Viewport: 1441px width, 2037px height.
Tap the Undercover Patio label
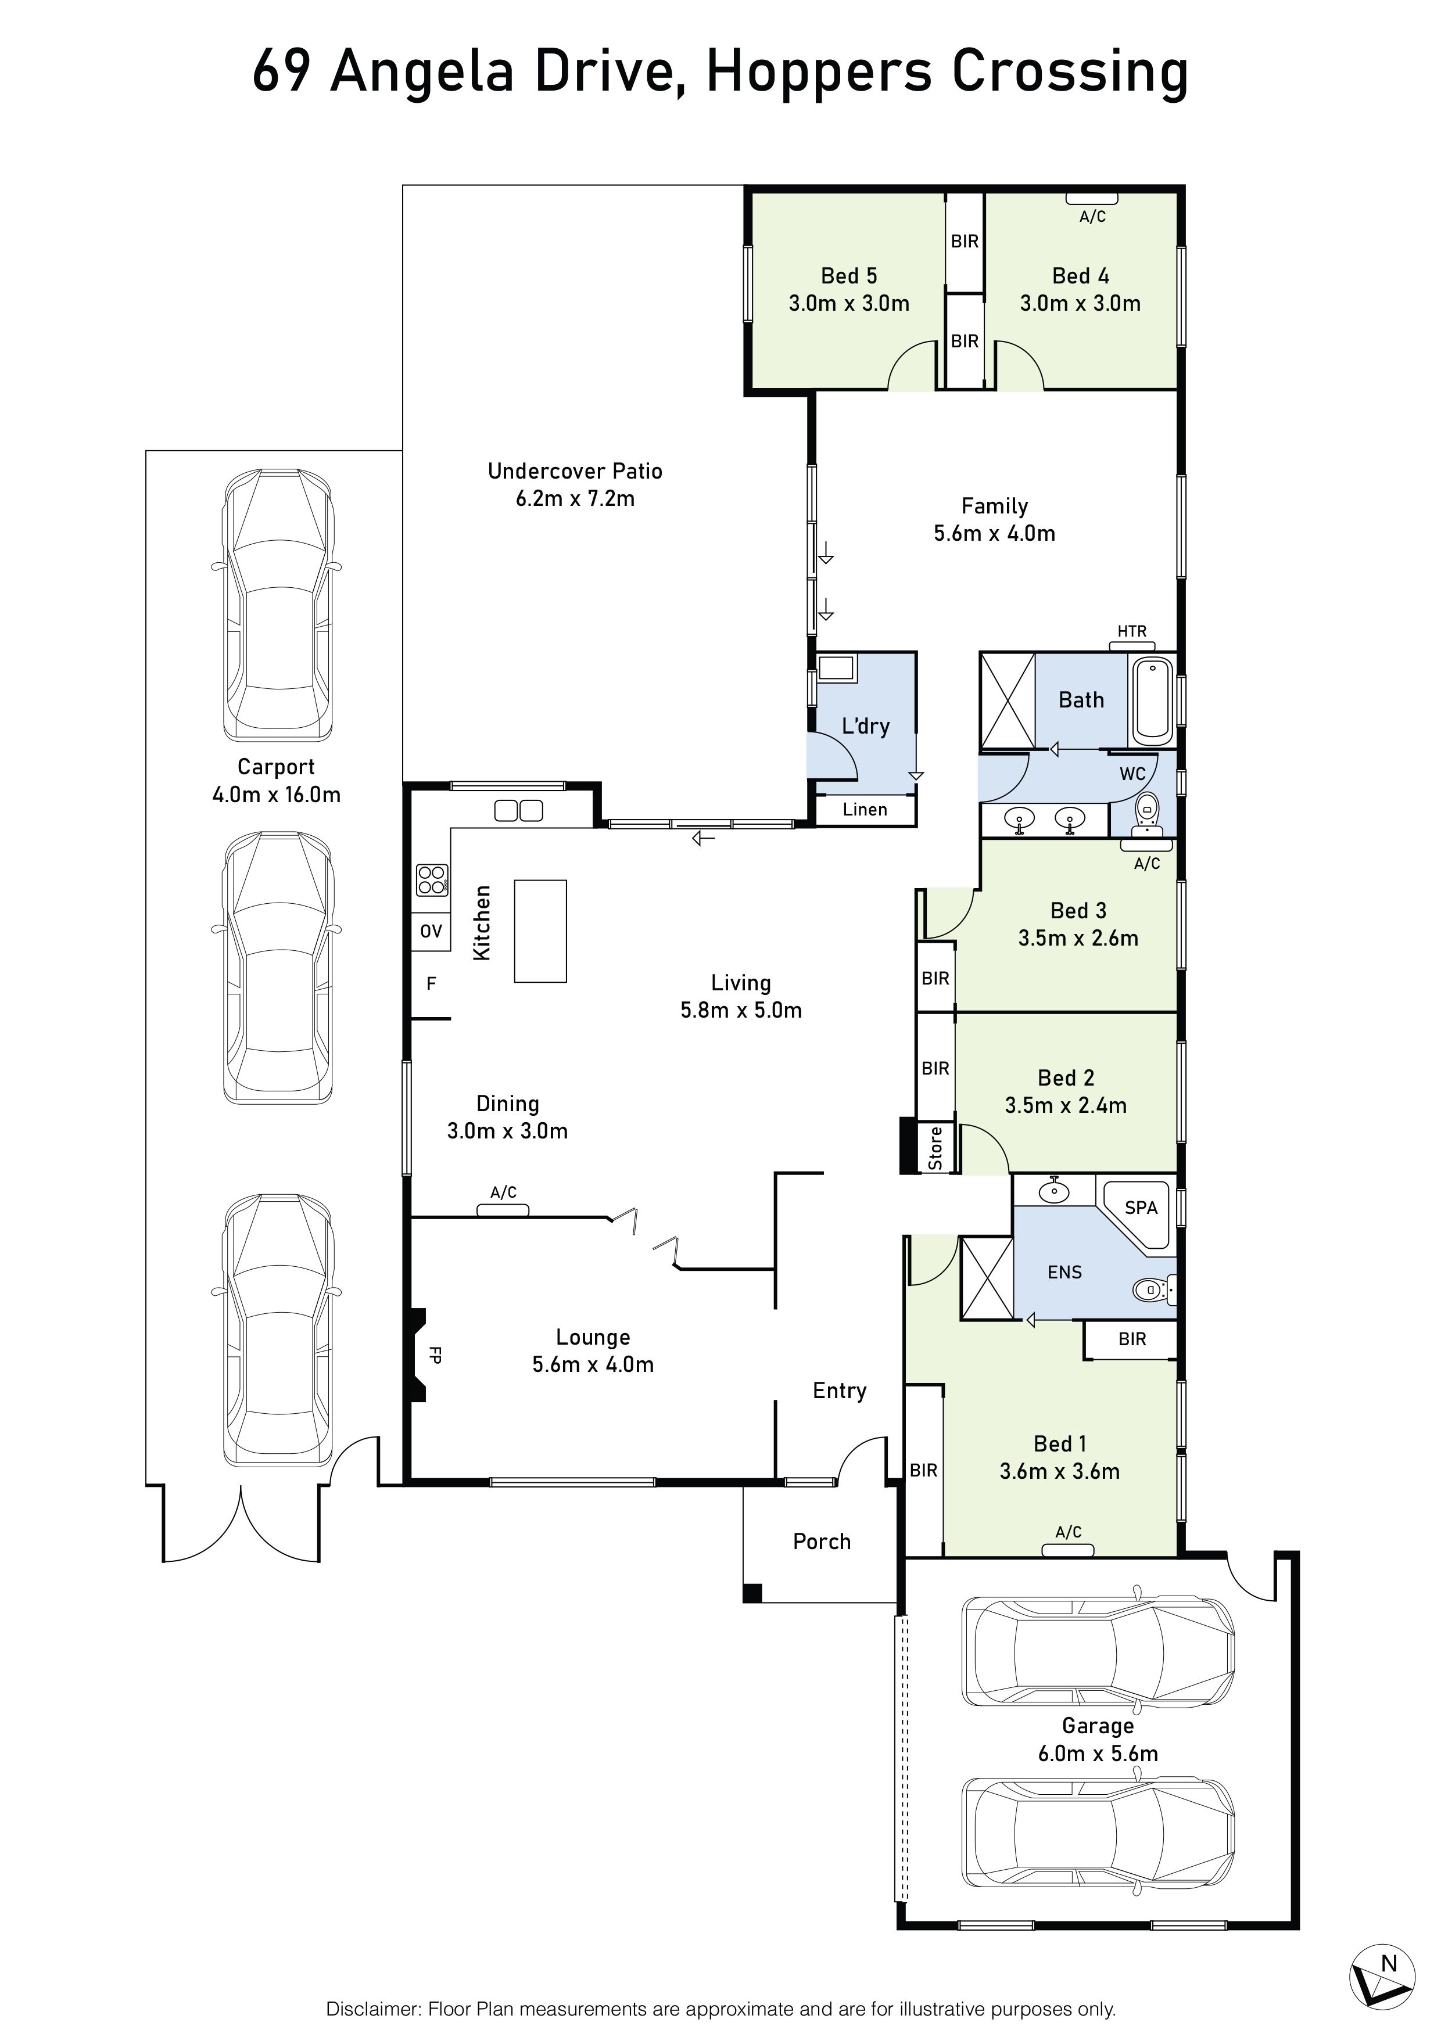pos(575,471)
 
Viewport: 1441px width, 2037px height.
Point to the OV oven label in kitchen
pos(431,931)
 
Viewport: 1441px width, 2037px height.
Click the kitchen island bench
pos(540,931)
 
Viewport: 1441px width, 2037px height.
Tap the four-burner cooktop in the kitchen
pos(432,880)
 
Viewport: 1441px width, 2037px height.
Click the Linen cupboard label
pos(865,809)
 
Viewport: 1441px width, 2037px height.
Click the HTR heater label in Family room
pos(1132,631)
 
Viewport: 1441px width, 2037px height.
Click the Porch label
pos(822,1541)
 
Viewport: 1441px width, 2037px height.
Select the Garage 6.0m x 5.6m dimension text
pos(1099,1753)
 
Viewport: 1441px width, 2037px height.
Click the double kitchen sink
pos(518,810)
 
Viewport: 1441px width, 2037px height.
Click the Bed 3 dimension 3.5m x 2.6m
pos(1078,938)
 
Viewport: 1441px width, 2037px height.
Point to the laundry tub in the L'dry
pos(836,668)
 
